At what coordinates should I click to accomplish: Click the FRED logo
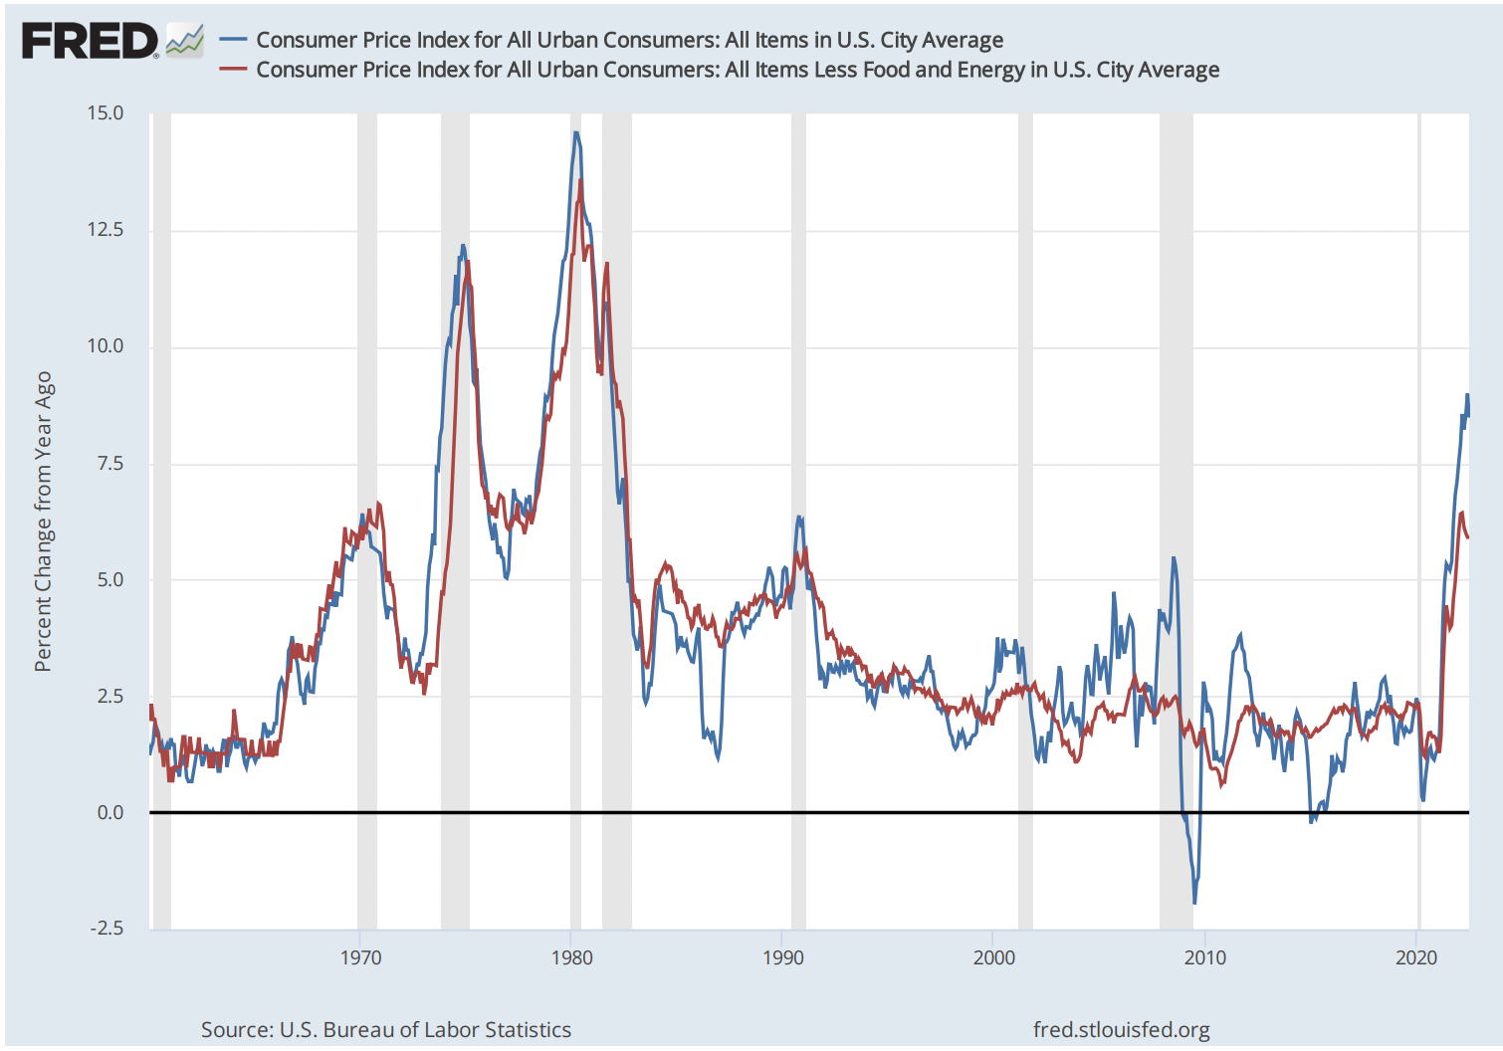click(90, 42)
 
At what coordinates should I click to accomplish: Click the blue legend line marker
click(233, 40)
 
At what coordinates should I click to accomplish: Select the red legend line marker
click(233, 70)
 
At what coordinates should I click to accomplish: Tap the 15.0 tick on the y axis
click(105, 113)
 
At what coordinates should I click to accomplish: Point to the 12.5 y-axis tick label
click(105, 230)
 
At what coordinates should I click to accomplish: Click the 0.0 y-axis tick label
click(109, 813)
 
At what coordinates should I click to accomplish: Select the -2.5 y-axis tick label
click(107, 929)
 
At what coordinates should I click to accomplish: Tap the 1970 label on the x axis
click(360, 957)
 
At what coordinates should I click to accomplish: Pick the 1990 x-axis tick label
click(782, 957)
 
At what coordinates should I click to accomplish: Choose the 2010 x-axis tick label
click(1204, 957)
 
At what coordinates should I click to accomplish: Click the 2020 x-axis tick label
click(1415, 957)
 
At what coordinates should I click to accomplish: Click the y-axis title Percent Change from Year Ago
click(43, 522)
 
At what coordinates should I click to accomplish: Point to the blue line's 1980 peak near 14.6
click(575, 133)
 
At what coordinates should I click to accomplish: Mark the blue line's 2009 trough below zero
click(1194, 902)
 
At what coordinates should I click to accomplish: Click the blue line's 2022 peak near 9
click(1466, 395)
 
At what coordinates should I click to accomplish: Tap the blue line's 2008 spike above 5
click(1174, 558)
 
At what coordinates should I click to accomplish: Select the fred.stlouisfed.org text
click(1121, 1029)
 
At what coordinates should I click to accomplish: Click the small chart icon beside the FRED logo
click(185, 41)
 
